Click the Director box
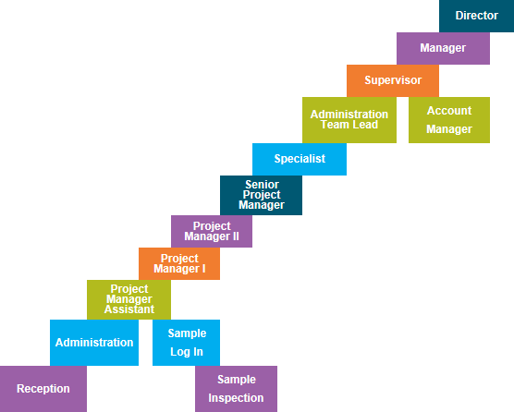point(476,16)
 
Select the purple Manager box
point(442,48)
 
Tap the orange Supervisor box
point(392,80)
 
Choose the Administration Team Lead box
point(349,119)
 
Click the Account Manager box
point(449,119)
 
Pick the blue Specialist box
point(300,159)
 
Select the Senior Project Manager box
point(262,195)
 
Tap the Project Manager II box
point(212,231)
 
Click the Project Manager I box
point(179,263)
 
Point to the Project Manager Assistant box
point(128,299)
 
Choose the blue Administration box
point(94,342)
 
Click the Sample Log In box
point(187,342)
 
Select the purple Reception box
point(43,389)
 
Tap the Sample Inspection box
point(236,389)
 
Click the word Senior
point(262,184)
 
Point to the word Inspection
point(236,399)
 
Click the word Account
point(449,111)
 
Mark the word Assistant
point(128,310)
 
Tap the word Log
point(178,352)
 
